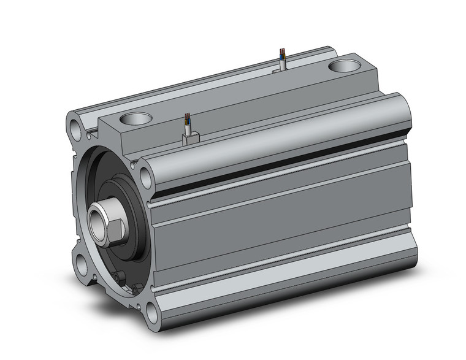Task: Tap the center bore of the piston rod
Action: (97, 219)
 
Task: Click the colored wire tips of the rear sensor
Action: (281, 52)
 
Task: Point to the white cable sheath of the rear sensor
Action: (282, 61)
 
